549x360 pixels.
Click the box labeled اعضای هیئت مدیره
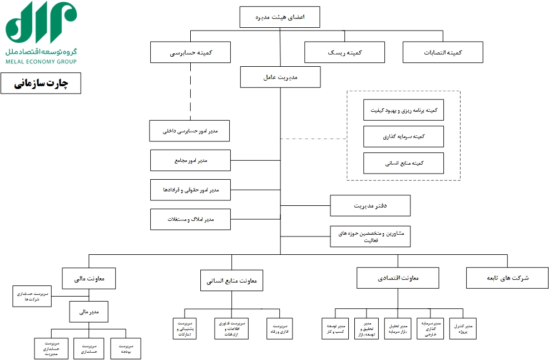pos(280,17)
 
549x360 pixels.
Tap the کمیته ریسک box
pos(344,53)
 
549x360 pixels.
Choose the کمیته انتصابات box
pos(443,53)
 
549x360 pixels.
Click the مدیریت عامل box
pos(280,77)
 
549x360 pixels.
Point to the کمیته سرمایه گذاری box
pos(403,136)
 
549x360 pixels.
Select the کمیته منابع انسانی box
pos(403,164)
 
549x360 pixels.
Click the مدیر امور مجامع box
pos(190,160)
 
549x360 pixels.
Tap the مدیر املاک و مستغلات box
pos(190,219)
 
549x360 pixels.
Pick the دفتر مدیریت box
pos(370,206)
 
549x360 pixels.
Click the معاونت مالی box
pos(89,278)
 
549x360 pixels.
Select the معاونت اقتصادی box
pos(398,278)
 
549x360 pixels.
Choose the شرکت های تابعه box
pos(507,278)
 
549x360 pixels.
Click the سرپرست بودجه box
pos(126,349)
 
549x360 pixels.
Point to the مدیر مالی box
pos(89,312)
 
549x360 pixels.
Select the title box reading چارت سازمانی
pos(41,83)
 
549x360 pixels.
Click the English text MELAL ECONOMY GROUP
pos(41,61)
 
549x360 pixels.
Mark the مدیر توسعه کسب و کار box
pos(335,328)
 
